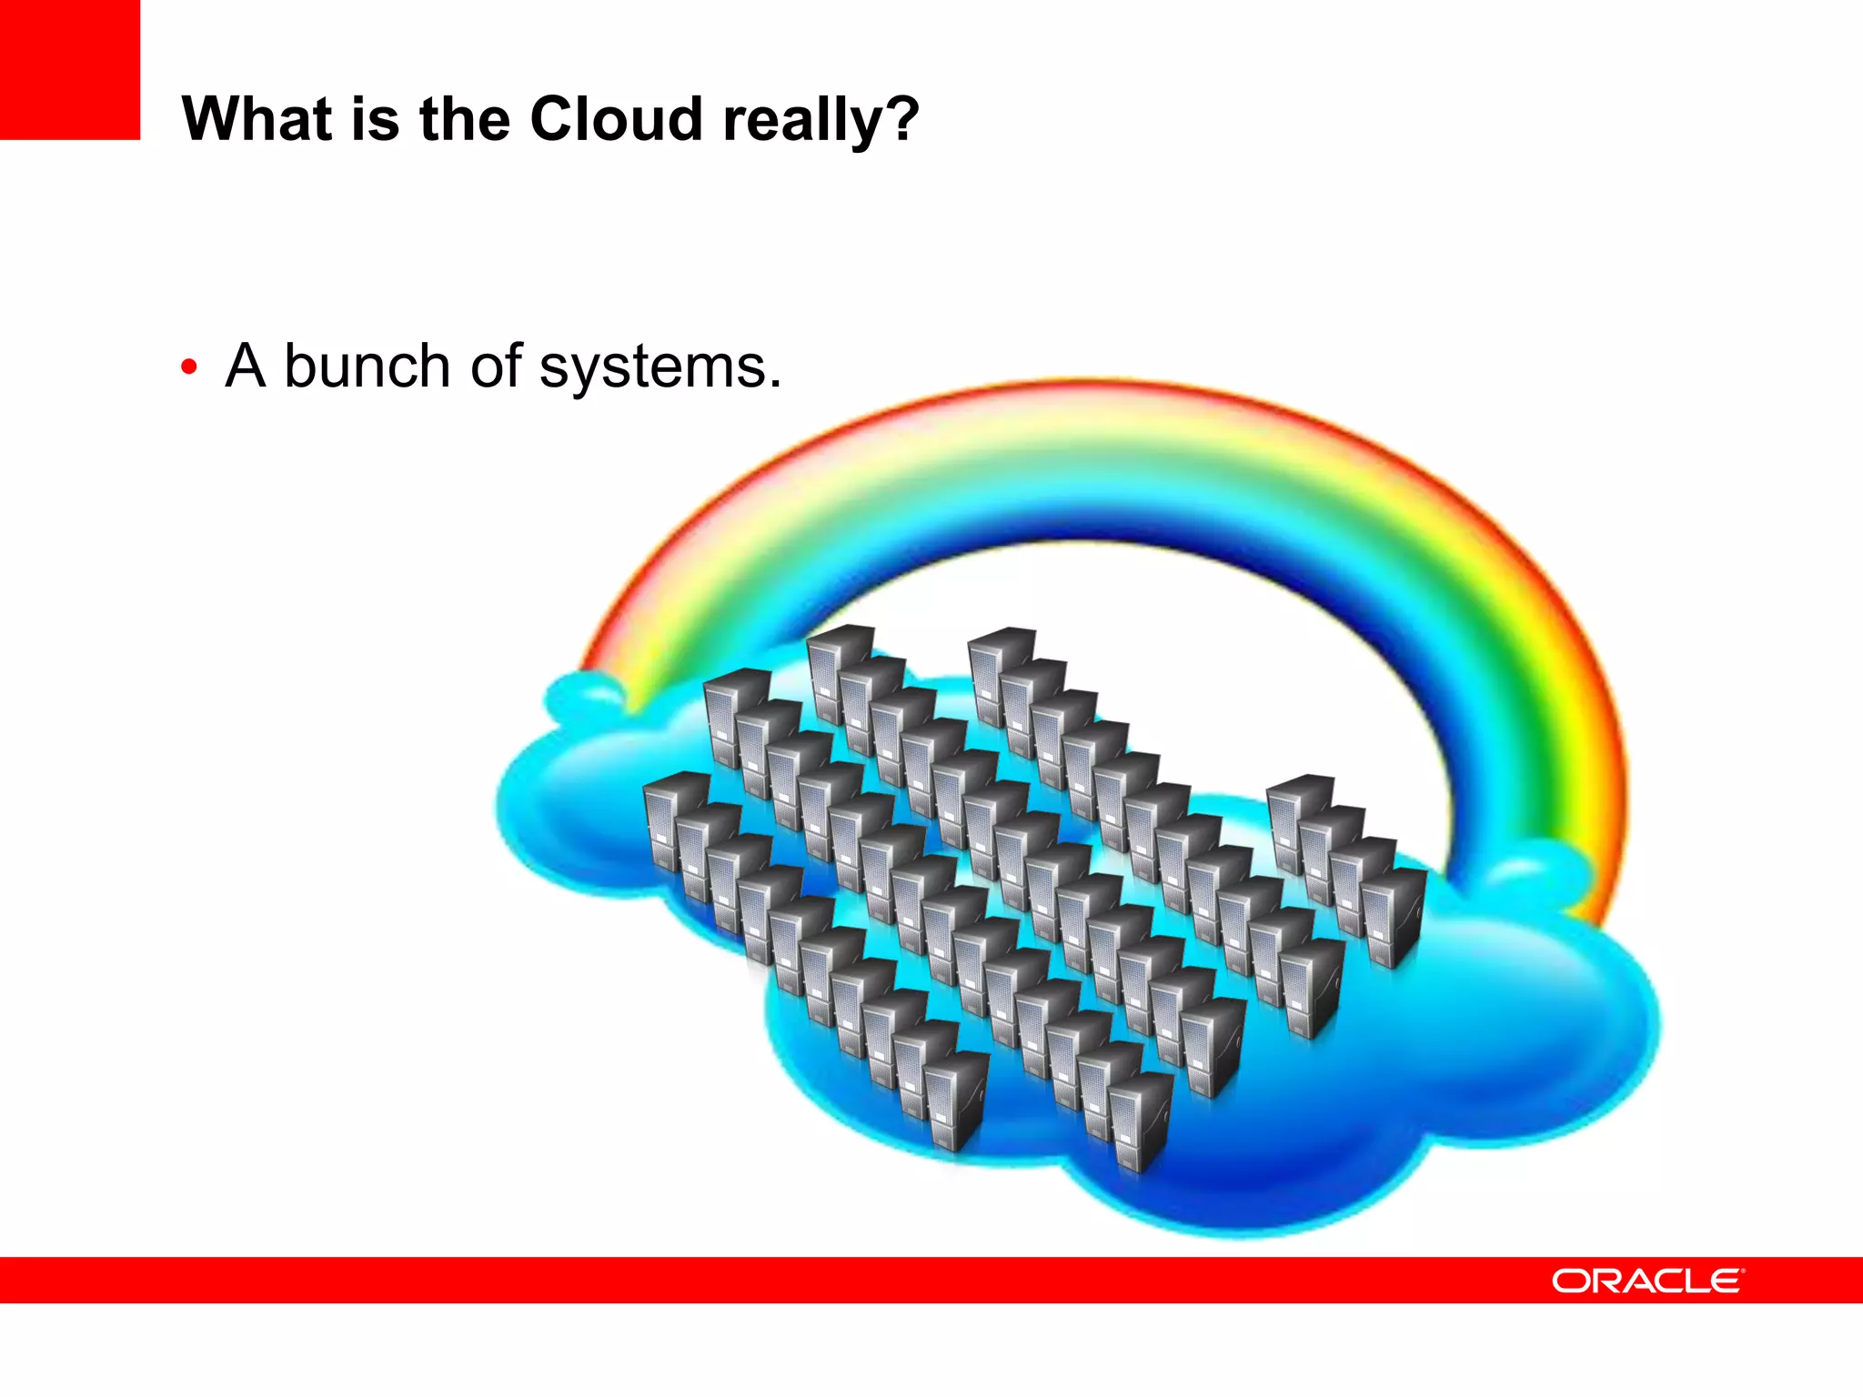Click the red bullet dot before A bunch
pyautogui.click(x=189, y=367)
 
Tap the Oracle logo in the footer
pyautogui.click(x=1646, y=1281)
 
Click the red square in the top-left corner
pyautogui.click(x=70, y=69)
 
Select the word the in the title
pyautogui.click(x=464, y=119)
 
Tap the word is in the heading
pyautogui.click(x=373, y=119)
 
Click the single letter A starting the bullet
pyautogui.click(x=246, y=367)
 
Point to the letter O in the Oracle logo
pyautogui.click(x=1572, y=1281)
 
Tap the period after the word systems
pyautogui.click(x=775, y=384)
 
